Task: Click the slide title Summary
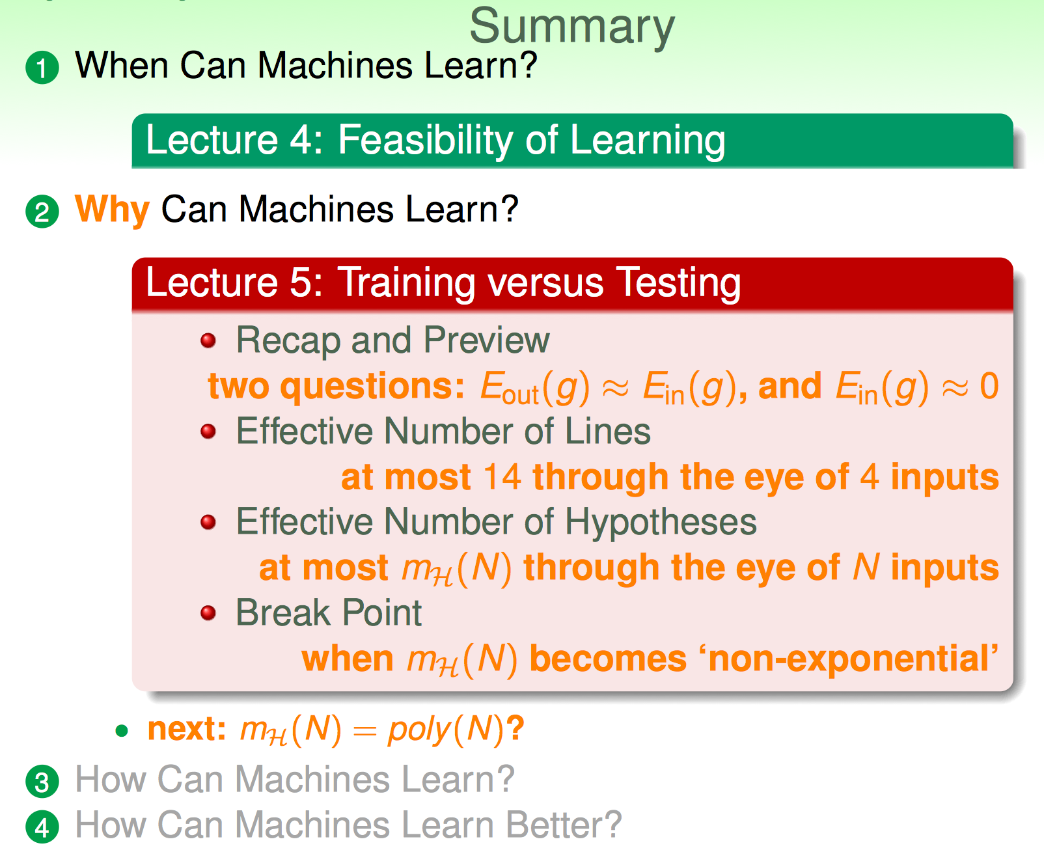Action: (x=571, y=27)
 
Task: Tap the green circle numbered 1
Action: (x=42, y=68)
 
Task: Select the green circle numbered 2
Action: (x=42, y=212)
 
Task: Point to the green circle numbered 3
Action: (x=42, y=782)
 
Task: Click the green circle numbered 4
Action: (x=42, y=827)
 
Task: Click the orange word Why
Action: (x=112, y=210)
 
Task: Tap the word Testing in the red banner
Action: (x=678, y=283)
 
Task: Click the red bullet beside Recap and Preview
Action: (x=208, y=340)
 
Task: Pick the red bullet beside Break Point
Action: (x=208, y=612)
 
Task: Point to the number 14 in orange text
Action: (x=502, y=477)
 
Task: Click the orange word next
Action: (x=187, y=729)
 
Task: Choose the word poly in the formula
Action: (x=420, y=730)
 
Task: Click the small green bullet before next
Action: (x=122, y=731)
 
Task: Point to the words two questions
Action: (x=337, y=387)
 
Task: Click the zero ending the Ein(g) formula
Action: (x=989, y=386)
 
